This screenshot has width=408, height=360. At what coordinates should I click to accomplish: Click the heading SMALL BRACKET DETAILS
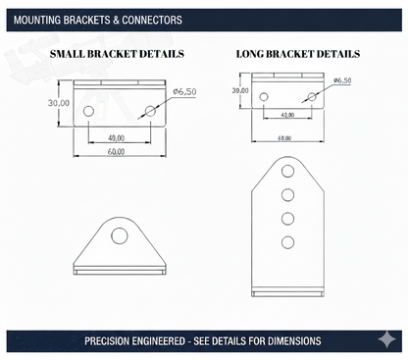point(117,54)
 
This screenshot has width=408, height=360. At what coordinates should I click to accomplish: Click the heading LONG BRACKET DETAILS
point(298,54)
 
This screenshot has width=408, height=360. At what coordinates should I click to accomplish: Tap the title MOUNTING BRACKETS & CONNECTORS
point(98,21)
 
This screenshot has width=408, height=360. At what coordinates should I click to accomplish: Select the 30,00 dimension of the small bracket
point(59,103)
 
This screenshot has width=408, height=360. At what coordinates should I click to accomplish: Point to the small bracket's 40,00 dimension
point(116,138)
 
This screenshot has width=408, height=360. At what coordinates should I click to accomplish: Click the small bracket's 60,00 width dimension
point(116,152)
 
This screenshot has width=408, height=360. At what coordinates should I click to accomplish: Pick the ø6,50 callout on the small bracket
point(184,92)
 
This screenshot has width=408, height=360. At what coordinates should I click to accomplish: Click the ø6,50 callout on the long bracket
point(342,80)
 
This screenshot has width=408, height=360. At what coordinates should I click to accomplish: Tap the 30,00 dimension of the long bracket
point(240,90)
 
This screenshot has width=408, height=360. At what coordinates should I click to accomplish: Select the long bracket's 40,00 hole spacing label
point(287,115)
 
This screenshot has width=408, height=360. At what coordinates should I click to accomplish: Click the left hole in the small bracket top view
point(88,111)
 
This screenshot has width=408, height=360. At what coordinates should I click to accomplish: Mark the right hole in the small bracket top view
point(150,111)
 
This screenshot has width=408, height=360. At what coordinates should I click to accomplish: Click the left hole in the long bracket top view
point(264,97)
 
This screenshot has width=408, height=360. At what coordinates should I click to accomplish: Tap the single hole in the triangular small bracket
point(120,235)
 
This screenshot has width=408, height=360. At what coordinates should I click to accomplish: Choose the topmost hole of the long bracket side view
point(287,171)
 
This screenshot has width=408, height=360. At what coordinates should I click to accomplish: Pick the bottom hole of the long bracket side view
point(287,242)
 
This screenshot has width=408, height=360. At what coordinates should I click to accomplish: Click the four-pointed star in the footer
point(386,339)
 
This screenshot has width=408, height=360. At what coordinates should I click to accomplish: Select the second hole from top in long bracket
point(287,195)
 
